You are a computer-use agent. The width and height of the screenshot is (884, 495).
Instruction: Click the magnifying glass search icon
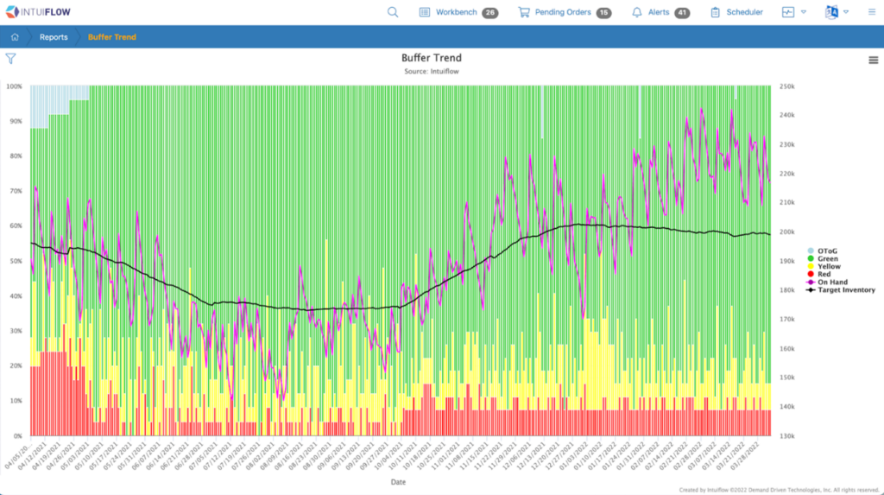(393, 12)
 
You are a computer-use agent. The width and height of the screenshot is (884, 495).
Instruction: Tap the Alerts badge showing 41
(682, 13)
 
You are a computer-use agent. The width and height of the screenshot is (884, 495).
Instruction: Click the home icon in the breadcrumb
(16, 37)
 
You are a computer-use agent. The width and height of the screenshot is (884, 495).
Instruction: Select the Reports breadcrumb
(54, 37)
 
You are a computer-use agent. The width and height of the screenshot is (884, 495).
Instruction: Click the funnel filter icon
(10, 59)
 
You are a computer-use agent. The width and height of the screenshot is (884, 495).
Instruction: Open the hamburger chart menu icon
(874, 60)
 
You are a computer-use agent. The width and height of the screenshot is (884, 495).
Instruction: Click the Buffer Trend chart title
(431, 58)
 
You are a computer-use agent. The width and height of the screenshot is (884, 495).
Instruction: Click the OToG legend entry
(827, 251)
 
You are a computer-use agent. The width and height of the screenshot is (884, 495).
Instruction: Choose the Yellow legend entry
(829, 267)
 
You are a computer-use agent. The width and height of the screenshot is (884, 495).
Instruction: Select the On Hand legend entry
(832, 282)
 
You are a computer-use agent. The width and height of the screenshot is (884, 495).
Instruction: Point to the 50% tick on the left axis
(15, 261)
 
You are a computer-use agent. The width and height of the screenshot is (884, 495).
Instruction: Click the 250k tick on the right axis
(786, 86)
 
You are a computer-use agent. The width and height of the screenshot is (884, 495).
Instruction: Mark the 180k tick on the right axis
(786, 290)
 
